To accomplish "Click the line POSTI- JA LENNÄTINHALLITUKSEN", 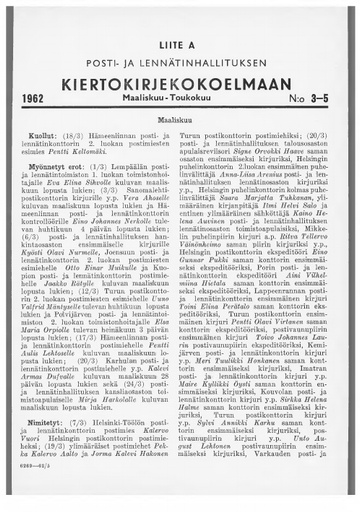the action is click(x=180, y=58).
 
